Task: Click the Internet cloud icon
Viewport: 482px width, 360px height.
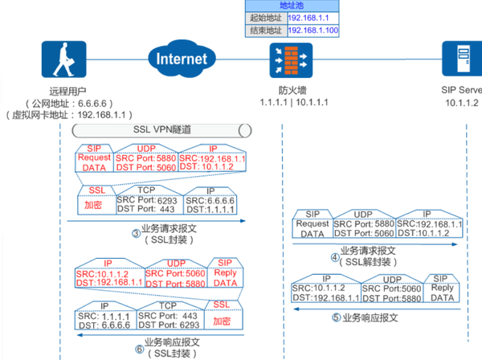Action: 182,59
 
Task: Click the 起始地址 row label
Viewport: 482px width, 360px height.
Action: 264,17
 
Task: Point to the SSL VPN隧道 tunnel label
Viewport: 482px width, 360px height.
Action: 161,129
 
